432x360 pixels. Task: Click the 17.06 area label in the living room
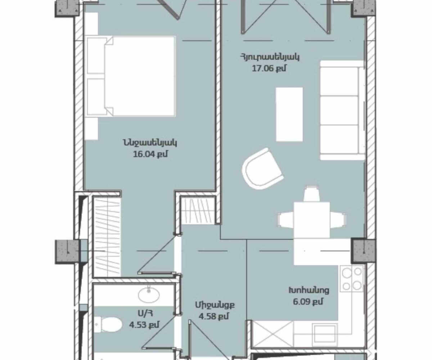pos(269,68)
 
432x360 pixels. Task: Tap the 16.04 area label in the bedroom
pos(150,154)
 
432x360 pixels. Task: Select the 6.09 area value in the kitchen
pos(308,302)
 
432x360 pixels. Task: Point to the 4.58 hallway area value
pos(214,316)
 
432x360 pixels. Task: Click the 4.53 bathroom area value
pos(144,325)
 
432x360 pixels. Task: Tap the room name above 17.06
pos(270,57)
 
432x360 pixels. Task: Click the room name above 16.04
pos(150,143)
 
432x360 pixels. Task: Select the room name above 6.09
pos(309,290)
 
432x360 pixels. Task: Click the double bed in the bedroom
pos(131,76)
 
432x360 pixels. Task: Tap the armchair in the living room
pos(262,169)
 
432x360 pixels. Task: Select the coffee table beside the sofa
pos(289,114)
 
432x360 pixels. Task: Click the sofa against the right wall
pos(342,110)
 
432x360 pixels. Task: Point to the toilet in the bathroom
pos(108,324)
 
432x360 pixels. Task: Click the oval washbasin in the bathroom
pos(149,294)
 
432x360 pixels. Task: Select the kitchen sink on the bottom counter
pos(325,334)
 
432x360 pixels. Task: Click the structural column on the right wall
pos(363,251)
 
